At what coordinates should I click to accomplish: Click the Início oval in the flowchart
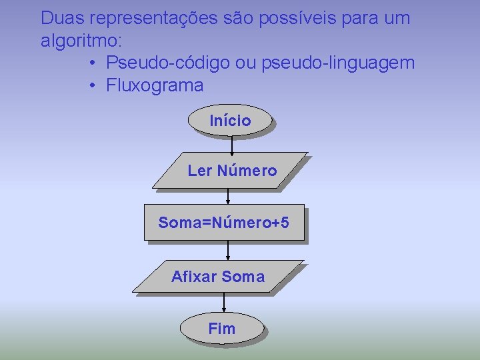(x=231, y=121)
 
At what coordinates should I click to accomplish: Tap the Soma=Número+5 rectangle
(x=224, y=222)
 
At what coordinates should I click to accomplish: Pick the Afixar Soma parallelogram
(x=217, y=277)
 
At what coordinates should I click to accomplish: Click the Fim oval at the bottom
(x=222, y=328)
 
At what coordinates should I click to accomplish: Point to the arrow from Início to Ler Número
(x=232, y=145)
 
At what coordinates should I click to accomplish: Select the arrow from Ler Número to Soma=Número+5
(x=228, y=197)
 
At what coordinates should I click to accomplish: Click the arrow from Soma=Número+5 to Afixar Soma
(x=228, y=250)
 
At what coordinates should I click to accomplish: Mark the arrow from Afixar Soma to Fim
(x=224, y=302)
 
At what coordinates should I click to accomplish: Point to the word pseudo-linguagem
(x=338, y=63)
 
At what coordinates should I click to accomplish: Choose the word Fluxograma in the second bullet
(x=155, y=86)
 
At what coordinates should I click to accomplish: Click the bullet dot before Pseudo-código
(x=93, y=64)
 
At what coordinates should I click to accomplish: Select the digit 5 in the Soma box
(x=285, y=222)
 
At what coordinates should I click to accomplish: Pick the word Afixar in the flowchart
(x=194, y=277)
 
